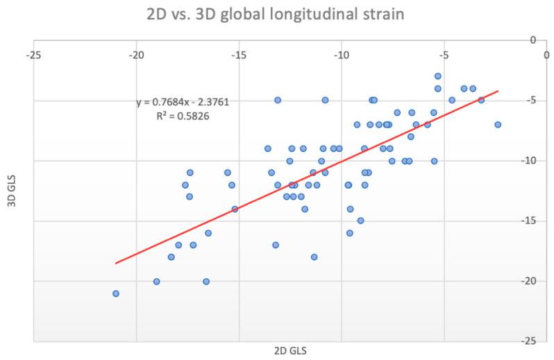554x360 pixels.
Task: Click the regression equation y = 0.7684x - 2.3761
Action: click(x=183, y=103)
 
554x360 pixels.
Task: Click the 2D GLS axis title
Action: click(x=290, y=350)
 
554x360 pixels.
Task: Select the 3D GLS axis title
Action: click(x=11, y=190)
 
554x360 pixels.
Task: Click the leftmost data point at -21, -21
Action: click(x=116, y=293)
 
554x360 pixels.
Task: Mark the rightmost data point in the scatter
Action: click(x=498, y=125)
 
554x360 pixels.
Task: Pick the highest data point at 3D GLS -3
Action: click(x=438, y=76)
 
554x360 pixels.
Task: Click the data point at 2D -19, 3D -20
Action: click(x=157, y=282)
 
